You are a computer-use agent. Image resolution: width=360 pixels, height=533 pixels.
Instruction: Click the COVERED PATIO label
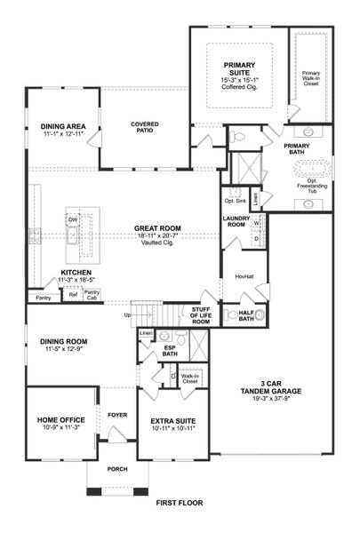(x=144, y=128)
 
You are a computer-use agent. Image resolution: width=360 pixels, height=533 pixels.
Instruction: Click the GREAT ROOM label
(x=157, y=228)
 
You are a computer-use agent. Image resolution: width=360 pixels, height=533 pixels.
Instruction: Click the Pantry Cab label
(x=92, y=294)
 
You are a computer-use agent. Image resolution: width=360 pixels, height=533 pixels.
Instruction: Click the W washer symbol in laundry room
(x=256, y=224)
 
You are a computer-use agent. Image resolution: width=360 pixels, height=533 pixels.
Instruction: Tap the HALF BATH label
(x=247, y=315)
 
